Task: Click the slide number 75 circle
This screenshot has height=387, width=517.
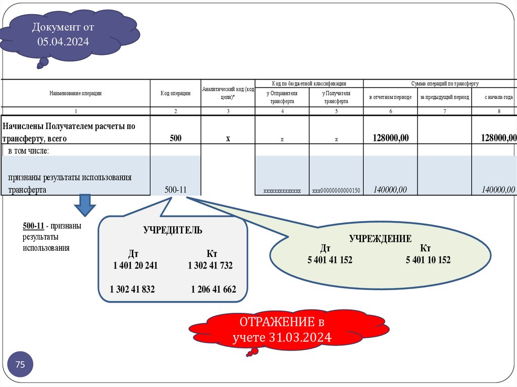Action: click(21, 365)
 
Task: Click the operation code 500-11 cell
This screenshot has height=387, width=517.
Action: click(176, 190)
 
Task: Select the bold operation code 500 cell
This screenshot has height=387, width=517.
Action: click(176, 138)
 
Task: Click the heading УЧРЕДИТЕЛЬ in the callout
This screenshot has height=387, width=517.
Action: click(173, 230)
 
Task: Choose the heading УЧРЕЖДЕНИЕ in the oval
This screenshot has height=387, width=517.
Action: click(380, 239)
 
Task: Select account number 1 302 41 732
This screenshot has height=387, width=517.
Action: click(210, 265)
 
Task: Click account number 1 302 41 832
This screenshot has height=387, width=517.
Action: click(132, 289)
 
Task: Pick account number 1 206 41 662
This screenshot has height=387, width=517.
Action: click(213, 289)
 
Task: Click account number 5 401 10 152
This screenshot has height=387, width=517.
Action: click(428, 260)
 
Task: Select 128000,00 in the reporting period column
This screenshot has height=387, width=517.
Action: click(390, 138)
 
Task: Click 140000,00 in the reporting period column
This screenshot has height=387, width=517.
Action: click(390, 190)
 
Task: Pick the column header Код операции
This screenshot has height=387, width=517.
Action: click(176, 93)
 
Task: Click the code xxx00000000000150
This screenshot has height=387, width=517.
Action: click(336, 191)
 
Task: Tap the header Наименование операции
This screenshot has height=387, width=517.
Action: click(76, 93)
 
